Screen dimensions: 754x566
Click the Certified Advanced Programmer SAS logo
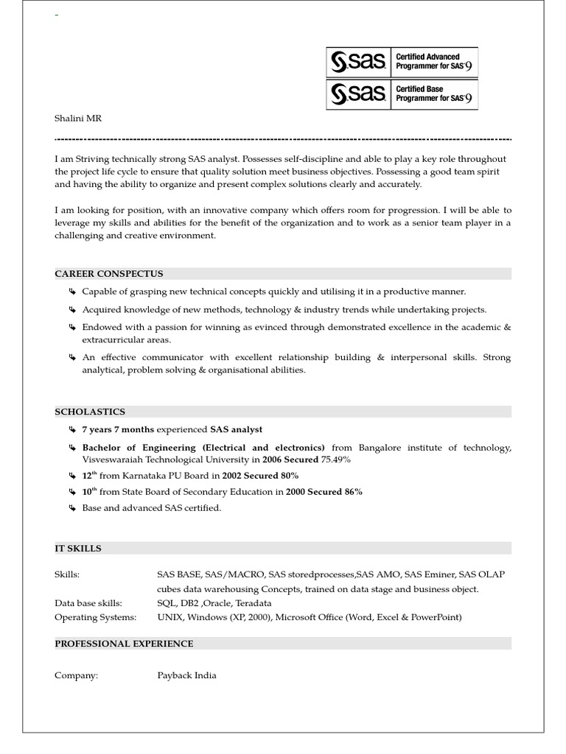click(402, 62)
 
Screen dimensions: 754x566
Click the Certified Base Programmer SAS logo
click(402, 94)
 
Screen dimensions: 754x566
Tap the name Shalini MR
click(78, 118)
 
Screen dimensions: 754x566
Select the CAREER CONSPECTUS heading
click(109, 274)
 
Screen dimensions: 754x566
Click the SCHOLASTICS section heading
click(90, 412)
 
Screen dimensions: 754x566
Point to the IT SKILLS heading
click(78, 549)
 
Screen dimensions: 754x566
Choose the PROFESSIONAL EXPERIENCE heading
click(124, 644)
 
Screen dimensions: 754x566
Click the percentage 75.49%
click(336, 459)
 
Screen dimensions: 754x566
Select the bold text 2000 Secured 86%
click(324, 492)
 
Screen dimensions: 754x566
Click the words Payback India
click(186, 675)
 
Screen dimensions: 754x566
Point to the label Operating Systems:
click(96, 617)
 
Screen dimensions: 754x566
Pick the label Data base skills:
click(88, 603)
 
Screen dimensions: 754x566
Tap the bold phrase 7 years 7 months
click(118, 429)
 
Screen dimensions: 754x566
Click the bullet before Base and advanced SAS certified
click(72, 508)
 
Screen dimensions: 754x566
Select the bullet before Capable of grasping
click(72, 292)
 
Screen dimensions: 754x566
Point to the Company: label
click(76, 675)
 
